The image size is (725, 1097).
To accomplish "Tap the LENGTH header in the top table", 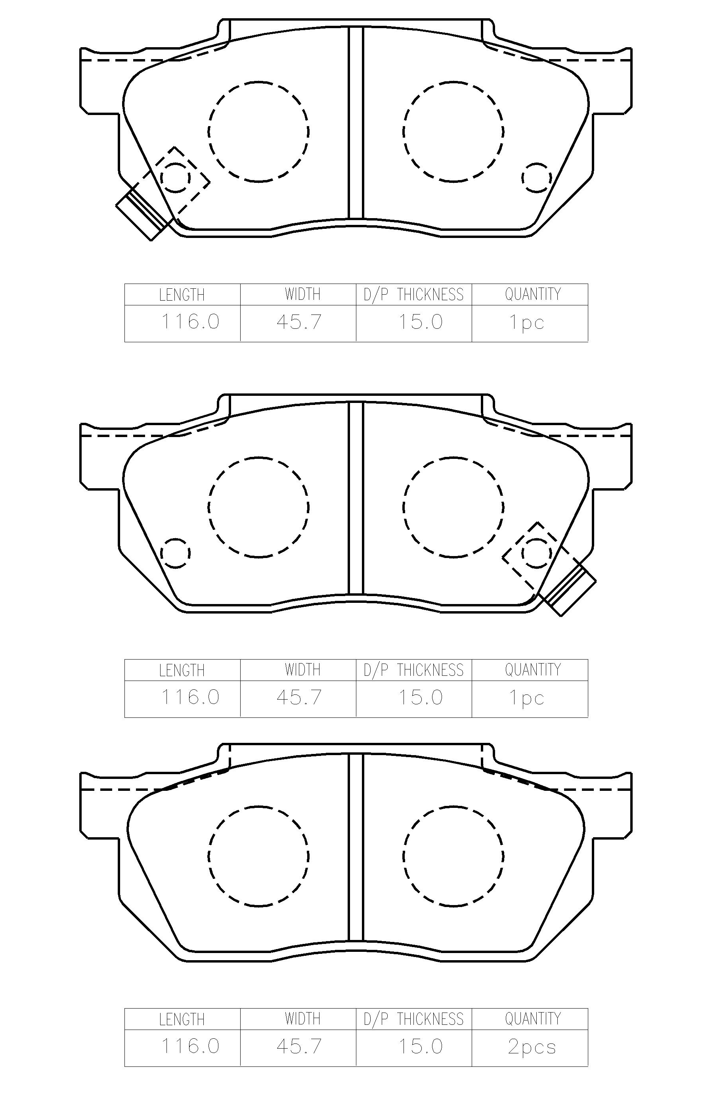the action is (182, 295).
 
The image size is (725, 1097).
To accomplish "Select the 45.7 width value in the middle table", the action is (299, 697).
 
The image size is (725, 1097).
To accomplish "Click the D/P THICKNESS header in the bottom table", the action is (413, 1019).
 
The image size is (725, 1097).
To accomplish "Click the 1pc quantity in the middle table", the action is (527, 698).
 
